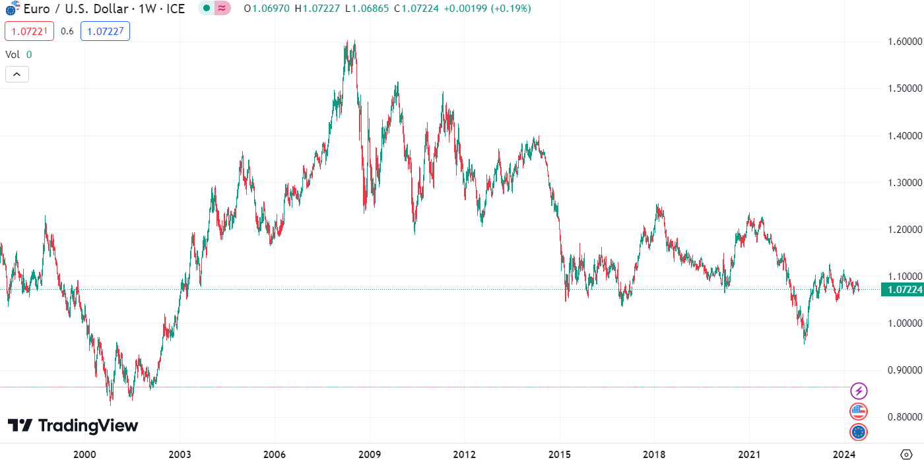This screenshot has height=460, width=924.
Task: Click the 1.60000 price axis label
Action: click(904, 42)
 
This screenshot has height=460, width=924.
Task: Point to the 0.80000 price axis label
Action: click(904, 416)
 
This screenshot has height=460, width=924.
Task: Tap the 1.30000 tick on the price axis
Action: click(904, 182)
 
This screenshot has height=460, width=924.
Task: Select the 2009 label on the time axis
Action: click(369, 454)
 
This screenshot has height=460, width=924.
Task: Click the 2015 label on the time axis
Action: click(559, 454)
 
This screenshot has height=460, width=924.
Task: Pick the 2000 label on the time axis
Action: click(84, 454)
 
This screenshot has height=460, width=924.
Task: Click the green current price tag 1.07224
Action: click(904, 290)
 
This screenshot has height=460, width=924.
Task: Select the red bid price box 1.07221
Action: click(29, 31)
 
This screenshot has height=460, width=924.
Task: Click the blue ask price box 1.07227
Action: click(105, 31)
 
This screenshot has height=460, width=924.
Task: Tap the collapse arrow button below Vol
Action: click(16, 74)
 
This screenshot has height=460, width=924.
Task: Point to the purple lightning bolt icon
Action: click(858, 391)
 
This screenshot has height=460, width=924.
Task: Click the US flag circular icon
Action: click(858, 412)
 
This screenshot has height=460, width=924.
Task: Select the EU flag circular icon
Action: click(858, 432)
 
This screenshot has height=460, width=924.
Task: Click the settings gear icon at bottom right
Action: click(906, 454)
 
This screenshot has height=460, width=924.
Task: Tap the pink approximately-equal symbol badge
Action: click(223, 9)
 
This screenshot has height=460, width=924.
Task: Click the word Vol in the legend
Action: click(12, 55)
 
